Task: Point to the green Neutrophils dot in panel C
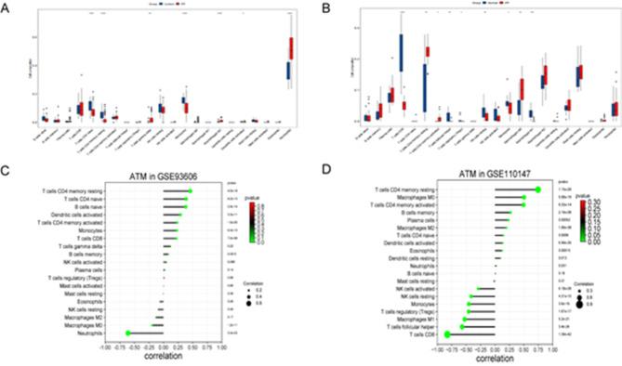[x=127, y=332]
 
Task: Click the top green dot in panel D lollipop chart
[x=538, y=190]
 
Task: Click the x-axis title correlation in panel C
[x=172, y=357]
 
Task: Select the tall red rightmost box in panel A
[x=294, y=47]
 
